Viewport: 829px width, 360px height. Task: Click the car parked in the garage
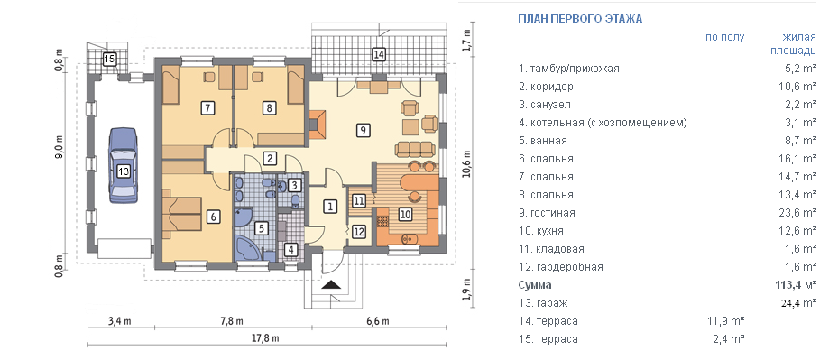click(x=124, y=165)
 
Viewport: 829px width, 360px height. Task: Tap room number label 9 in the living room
click(x=362, y=130)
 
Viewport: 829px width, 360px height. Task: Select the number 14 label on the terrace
click(x=378, y=54)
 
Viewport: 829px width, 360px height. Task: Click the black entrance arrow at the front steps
click(x=332, y=285)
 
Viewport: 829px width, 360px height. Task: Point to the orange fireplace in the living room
click(x=318, y=125)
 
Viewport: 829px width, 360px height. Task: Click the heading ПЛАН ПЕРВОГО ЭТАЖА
click(x=580, y=19)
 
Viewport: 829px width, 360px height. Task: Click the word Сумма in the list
click(x=535, y=285)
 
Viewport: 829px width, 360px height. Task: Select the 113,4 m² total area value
click(x=797, y=285)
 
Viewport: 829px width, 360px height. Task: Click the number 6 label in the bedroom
click(x=212, y=217)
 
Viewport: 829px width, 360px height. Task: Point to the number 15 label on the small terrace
click(x=109, y=58)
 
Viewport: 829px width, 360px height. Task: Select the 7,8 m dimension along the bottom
click(x=232, y=321)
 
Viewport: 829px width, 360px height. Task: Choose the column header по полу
click(x=724, y=37)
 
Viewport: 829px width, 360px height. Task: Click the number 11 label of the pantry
click(x=359, y=201)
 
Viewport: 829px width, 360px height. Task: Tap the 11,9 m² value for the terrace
click(x=727, y=321)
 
